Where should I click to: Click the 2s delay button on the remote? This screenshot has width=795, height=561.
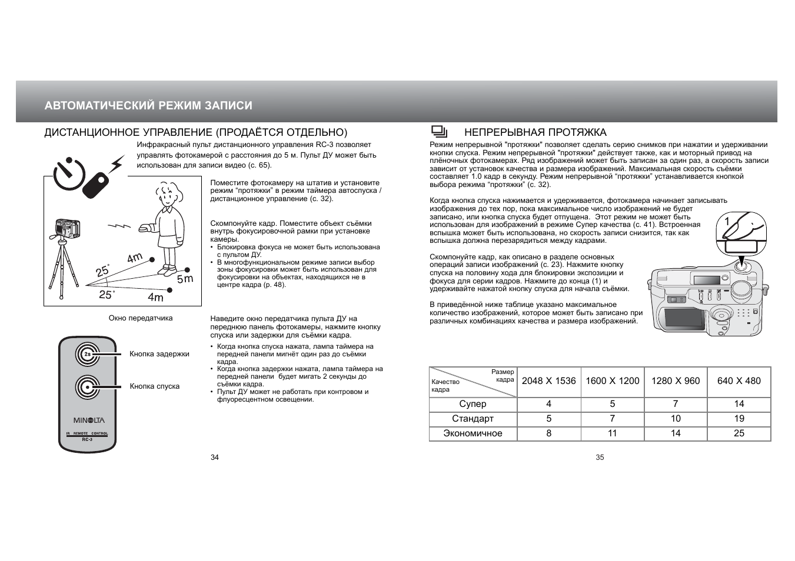[x=88, y=354]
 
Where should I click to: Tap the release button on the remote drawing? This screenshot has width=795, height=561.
[x=88, y=387]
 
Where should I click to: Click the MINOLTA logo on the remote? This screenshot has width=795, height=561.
[x=89, y=420]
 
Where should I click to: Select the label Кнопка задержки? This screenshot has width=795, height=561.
[x=159, y=354]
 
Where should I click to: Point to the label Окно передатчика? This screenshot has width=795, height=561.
[x=141, y=318]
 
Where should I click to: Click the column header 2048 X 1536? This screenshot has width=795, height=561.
[x=548, y=381]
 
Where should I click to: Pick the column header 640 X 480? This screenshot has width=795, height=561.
[x=739, y=381]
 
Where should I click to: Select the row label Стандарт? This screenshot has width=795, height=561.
[x=473, y=419]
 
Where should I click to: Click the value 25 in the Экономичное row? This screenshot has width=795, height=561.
[x=739, y=433]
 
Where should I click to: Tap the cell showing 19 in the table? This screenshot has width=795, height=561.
[x=739, y=419]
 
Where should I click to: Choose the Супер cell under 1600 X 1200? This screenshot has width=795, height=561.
[x=612, y=404]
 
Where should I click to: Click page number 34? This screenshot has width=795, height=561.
[x=215, y=458]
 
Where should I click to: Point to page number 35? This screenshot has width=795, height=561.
[x=600, y=458]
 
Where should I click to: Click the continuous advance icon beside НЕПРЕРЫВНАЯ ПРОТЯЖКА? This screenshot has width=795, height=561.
[x=439, y=132]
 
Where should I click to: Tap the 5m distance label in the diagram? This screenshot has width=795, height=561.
[x=185, y=279]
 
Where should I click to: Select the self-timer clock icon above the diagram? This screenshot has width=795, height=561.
[x=69, y=173]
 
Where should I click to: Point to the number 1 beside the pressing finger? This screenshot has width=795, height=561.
[x=727, y=221]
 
